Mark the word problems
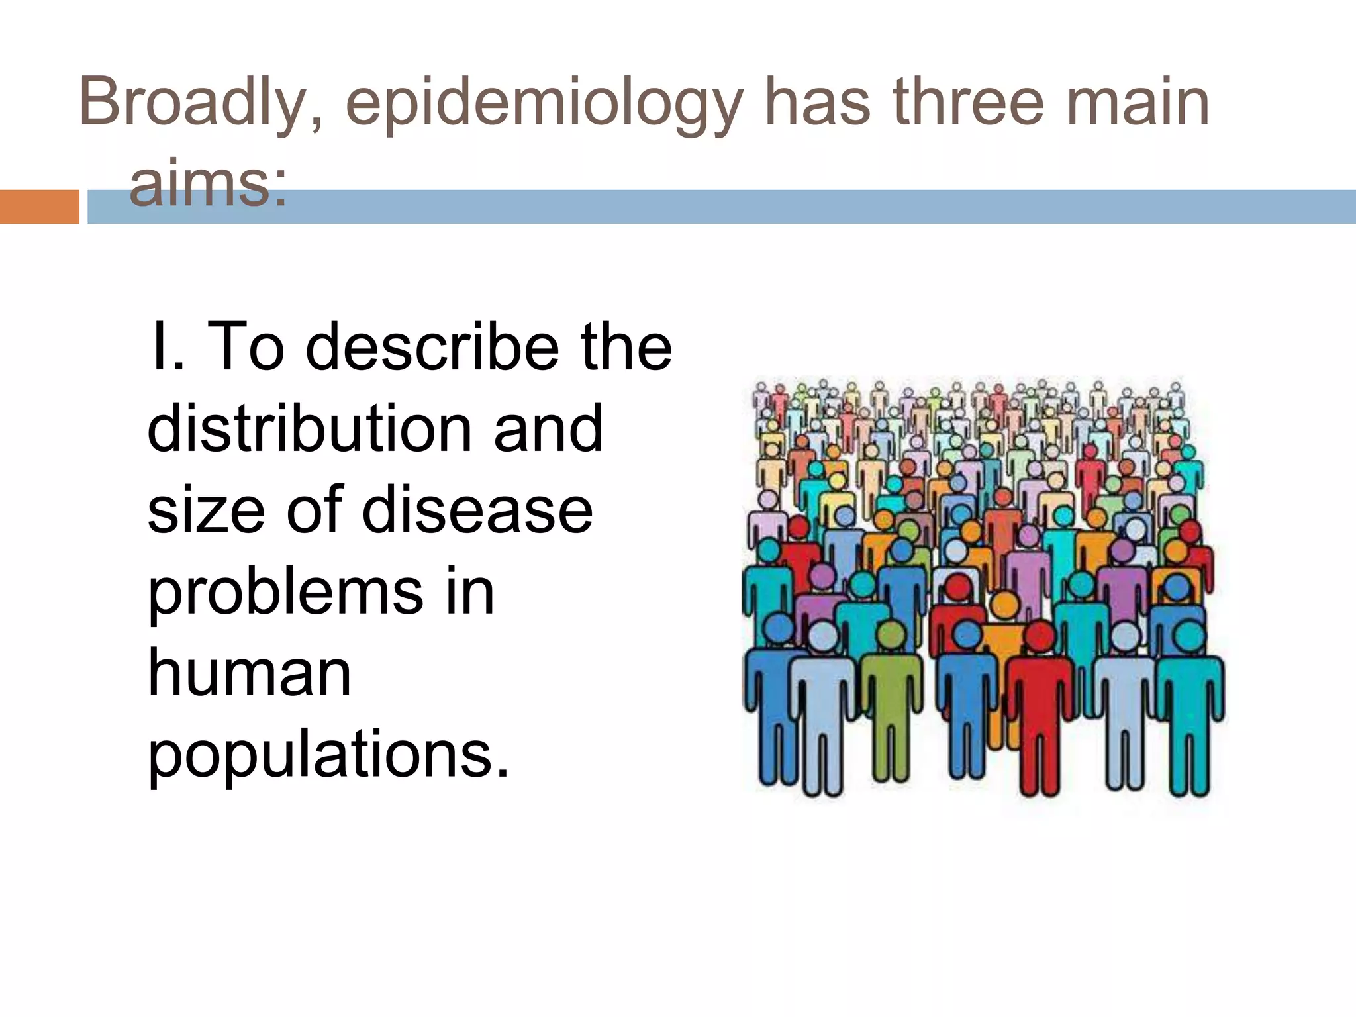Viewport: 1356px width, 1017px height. tap(285, 592)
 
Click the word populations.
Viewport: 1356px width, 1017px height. tap(328, 755)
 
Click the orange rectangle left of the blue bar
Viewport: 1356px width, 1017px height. tap(39, 207)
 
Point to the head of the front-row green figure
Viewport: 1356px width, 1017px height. tap(891, 635)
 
